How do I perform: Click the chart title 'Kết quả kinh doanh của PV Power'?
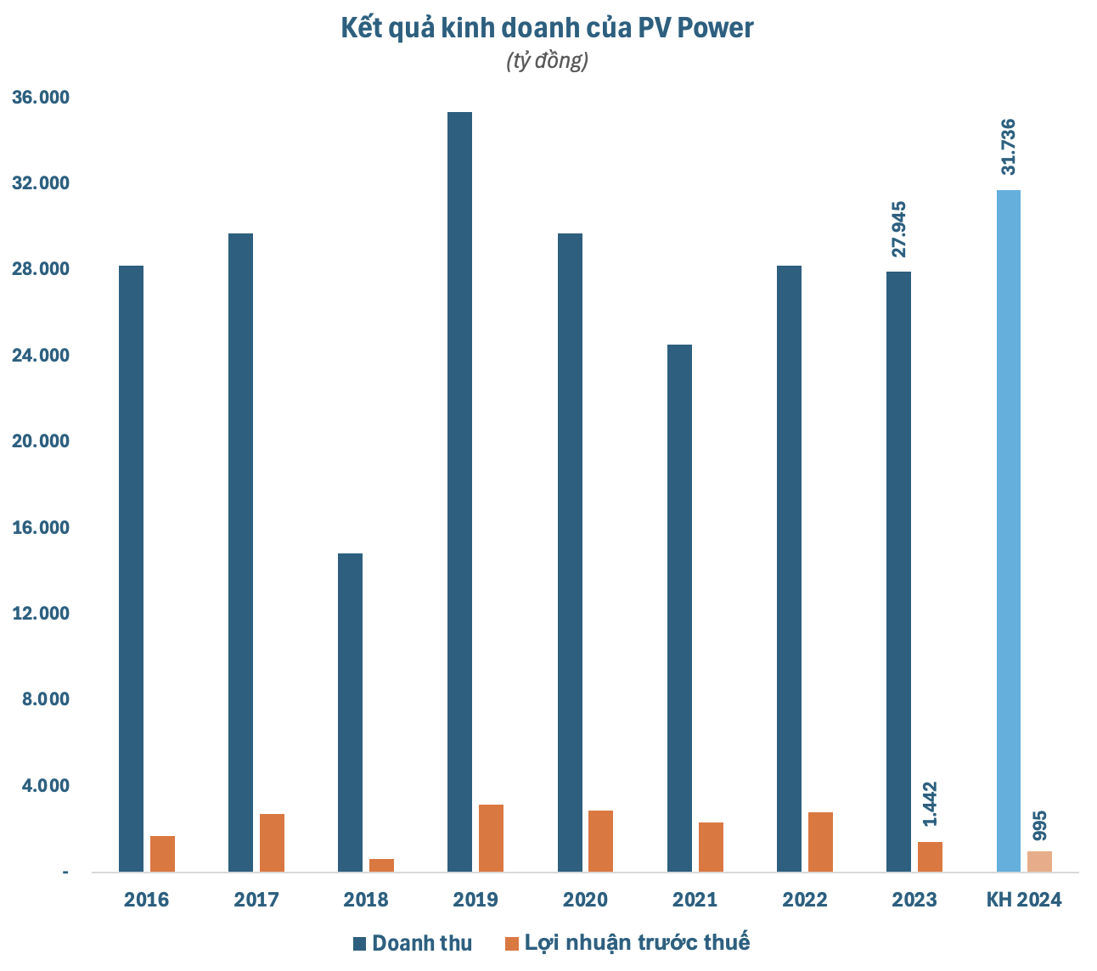(548, 28)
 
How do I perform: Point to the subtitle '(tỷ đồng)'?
(548, 62)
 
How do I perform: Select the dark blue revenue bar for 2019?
(459, 492)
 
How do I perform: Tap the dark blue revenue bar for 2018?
(350, 713)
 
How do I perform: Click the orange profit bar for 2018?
(381, 865)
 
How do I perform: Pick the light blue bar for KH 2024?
(1009, 530)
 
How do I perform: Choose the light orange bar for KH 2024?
(1039, 861)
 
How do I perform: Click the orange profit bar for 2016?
(162, 854)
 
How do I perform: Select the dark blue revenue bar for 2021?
(679, 608)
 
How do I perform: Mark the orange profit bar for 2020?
(600, 841)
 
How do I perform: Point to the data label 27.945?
(899, 229)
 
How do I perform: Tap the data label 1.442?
(931, 804)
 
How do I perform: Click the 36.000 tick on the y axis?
(40, 98)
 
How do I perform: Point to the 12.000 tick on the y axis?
(40, 614)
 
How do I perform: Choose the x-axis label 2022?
(804, 900)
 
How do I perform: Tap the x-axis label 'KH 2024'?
(1024, 900)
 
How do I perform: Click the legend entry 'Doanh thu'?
(413, 943)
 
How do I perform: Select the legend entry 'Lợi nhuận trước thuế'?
(627, 943)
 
